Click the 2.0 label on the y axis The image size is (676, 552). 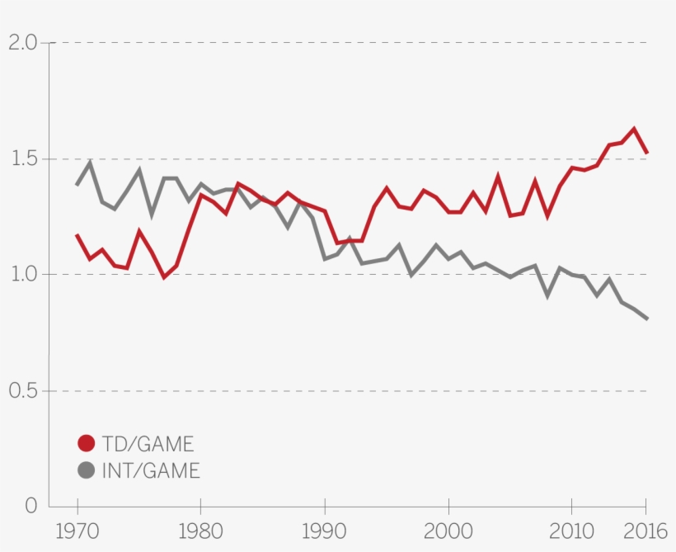(x=22, y=43)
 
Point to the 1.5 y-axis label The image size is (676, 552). (x=22, y=158)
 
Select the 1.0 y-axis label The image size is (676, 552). (x=22, y=274)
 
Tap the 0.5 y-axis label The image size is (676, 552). (x=22, y=390)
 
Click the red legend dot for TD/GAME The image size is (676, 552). (x=87, y=443)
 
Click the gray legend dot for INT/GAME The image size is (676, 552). (x=87, y=470)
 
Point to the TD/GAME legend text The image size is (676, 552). (x=148, y=444)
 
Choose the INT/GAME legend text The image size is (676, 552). (x=151, y=471)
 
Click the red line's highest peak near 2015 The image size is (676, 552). (x=634, y=129)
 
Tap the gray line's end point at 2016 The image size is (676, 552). (x=647, y=318)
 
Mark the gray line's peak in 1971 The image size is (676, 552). (x=90, y=163)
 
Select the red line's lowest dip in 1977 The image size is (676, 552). (x=164, y=277)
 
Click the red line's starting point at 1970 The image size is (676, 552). (x=77, y=235)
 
